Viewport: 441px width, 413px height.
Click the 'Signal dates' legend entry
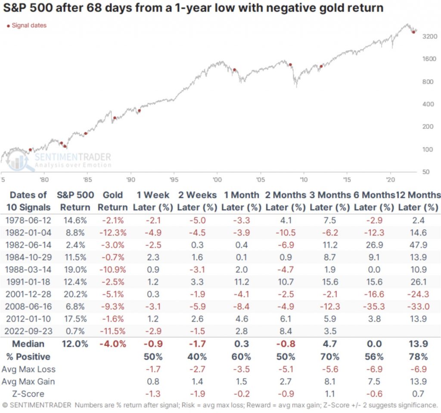[28, 25]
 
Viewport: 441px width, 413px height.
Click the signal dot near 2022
[413, 32]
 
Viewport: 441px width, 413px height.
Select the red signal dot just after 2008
[291, 65]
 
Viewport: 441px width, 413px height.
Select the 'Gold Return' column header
[113, 201]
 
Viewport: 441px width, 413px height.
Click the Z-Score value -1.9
[197, 394]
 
